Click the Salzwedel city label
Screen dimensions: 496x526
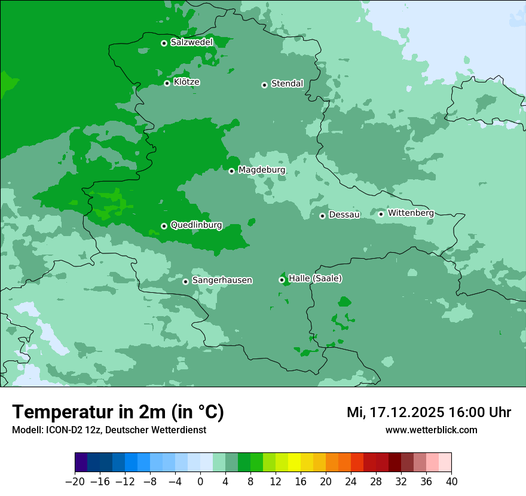(x=191, y=42)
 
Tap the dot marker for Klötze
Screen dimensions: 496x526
(x=167, y=83)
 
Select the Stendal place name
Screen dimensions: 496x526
(x=287, y=84)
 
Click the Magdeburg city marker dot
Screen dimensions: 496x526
(x=231, y=171)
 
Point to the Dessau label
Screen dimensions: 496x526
(x=344, y=215)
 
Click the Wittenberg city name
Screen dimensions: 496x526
(x=411, y=213)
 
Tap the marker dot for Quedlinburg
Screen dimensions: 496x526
(x=164, y=226)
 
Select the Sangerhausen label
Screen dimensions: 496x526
(x=222, y=280)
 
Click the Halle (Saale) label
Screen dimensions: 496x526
(x=315, y=278)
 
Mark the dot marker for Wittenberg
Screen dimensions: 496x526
(x=381, y=214)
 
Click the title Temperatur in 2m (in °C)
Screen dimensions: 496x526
(x=118, y=412)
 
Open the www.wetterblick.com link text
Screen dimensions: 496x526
(x=431, y=430)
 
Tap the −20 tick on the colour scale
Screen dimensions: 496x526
(x=75, y=482)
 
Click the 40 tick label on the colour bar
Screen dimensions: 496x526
(x=451, y=482)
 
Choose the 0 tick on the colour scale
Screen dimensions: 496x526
(x=200, y=482)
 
